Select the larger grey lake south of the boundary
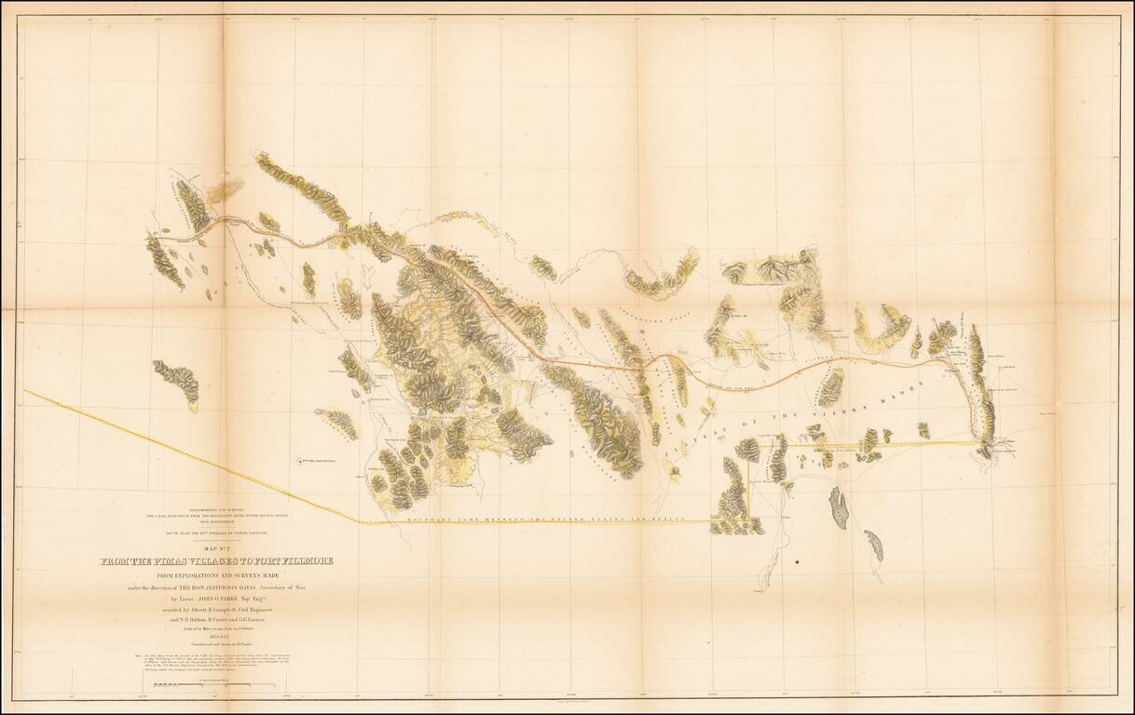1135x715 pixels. pyautogui.click(x=840, y=508)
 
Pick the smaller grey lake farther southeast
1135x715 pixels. pyautogui.click(x=873, y=545)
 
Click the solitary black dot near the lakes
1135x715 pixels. pyautogui.click(x=797, y=562)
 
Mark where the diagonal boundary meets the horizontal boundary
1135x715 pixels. pyautogui.click(x=360, y=523)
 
